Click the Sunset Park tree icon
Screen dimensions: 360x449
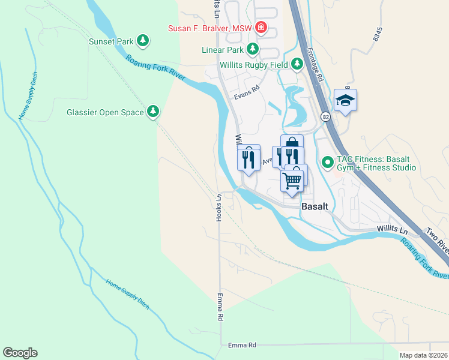142,41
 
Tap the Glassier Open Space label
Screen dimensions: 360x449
113,112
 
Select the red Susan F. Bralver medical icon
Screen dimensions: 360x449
261,27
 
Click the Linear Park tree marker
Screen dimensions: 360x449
253,48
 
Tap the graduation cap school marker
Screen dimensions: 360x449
345,100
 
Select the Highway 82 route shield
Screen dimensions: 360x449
325,114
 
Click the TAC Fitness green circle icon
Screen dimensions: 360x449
328,162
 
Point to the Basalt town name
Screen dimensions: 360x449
315,206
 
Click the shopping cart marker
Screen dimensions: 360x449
292,179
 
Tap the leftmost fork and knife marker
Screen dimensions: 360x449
249,160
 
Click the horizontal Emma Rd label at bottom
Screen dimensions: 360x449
243,345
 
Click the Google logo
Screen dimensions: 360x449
20,353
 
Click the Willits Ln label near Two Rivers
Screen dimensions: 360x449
392,230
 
